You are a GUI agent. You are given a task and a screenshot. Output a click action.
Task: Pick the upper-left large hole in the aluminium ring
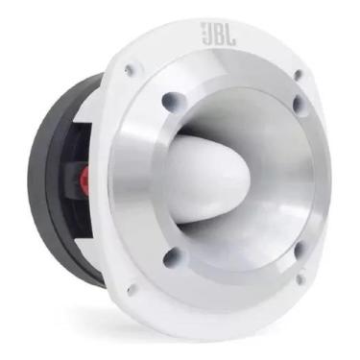170,99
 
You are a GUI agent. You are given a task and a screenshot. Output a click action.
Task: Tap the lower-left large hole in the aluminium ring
172,257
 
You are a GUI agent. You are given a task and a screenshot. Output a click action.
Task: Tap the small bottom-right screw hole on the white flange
300,279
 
